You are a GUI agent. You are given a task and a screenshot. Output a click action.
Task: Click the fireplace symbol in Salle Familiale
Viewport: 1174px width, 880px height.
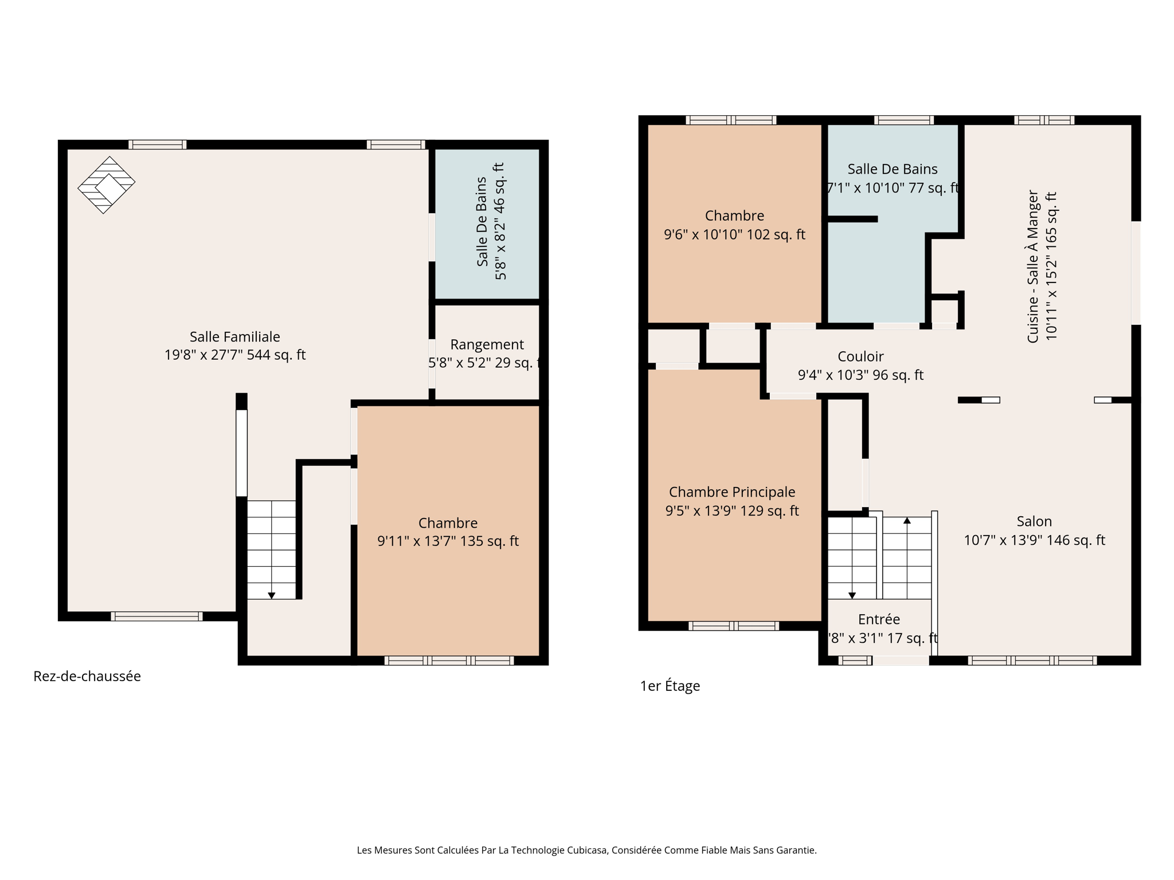click(107, 184)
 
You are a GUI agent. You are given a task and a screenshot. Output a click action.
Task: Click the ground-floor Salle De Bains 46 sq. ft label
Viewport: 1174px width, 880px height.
click(491, 221)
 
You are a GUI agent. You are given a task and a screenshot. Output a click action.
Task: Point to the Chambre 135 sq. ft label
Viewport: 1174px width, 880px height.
click(448, 532)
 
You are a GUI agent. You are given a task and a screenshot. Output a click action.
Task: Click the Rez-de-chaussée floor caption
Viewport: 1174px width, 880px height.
click(87, 676)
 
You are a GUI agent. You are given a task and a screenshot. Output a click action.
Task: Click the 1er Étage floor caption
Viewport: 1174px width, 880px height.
click(670, 686)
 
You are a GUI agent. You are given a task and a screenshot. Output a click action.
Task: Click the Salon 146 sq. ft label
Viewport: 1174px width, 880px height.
click(1034, 531)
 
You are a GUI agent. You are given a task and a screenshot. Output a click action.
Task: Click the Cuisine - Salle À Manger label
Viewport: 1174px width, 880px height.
click(1041, 266)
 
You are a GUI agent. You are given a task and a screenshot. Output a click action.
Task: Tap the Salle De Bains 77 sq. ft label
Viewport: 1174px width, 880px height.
click(893, 178)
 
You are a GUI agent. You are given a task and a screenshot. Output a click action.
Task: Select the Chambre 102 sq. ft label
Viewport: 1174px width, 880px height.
click(734, 225)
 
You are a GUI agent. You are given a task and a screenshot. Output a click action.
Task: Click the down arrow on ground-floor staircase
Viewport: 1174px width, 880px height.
click(272, 596)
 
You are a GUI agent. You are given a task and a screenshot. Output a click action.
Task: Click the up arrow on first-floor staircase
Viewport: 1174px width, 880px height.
click(907, 520)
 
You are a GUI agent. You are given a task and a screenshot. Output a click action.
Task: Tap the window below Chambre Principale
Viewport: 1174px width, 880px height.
click(733, 626)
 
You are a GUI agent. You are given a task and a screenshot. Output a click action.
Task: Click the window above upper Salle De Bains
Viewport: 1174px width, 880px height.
click(903, 120)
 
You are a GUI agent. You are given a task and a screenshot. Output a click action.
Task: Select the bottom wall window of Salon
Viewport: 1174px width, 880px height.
click(1032, 661)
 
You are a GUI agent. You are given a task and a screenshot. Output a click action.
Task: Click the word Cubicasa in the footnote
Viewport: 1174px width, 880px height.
click(586, 850)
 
